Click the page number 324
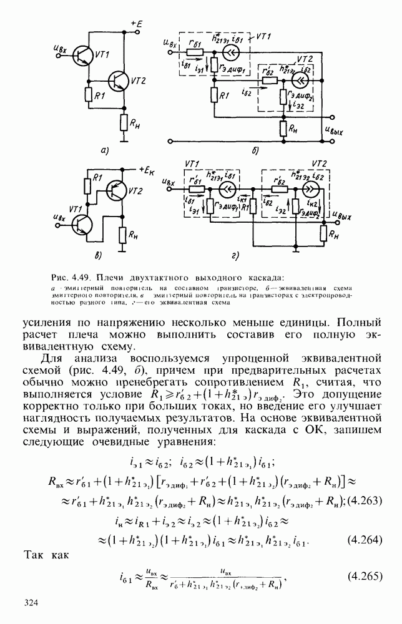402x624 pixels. pyautogui.click(x=32, y=602)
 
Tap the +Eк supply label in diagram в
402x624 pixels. pyautogui.click(x=147, y=170)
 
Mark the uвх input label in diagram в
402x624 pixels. pyautogui.click(x=61, y=218)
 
